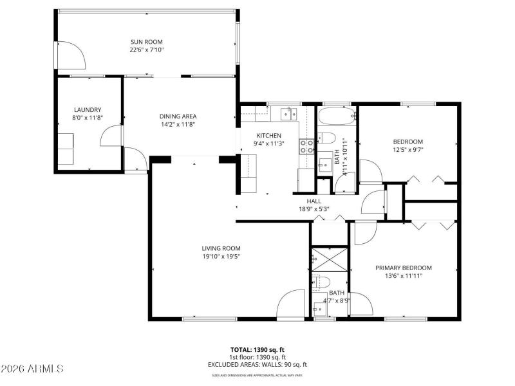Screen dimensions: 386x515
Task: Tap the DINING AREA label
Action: click(178, 116)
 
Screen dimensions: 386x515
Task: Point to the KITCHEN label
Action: click(269, 135)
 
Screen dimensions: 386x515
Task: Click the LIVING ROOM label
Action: click(221, 248)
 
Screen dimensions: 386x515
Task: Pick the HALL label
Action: click(314, 201)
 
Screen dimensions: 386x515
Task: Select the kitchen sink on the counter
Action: click(288, 115)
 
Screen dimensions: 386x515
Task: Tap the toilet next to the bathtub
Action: click(326, 138)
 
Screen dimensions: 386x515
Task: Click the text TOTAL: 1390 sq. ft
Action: click(257, 349)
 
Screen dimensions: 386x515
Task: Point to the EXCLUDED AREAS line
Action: click(257, 364)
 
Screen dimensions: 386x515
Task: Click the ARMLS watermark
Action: click(32, 369)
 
